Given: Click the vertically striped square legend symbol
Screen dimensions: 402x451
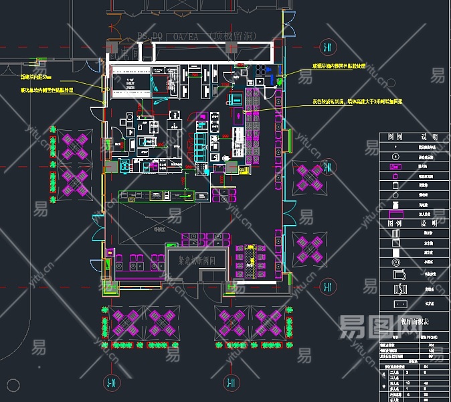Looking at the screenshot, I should pos(395,233).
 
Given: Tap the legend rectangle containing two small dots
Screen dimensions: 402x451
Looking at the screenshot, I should pos(395,166).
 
